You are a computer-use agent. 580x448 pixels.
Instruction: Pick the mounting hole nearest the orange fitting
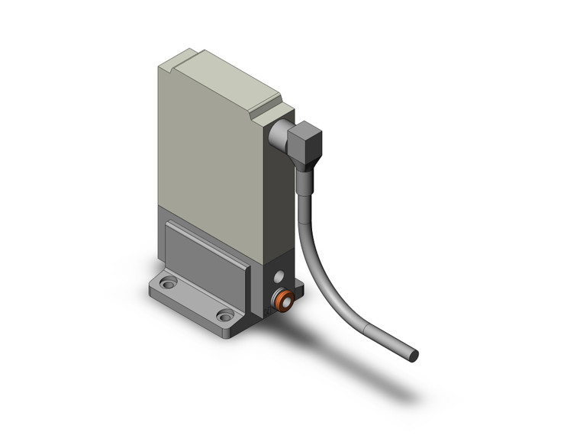[x=224, y=314]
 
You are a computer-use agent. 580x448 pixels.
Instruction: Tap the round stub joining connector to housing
[x=279, y=137]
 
